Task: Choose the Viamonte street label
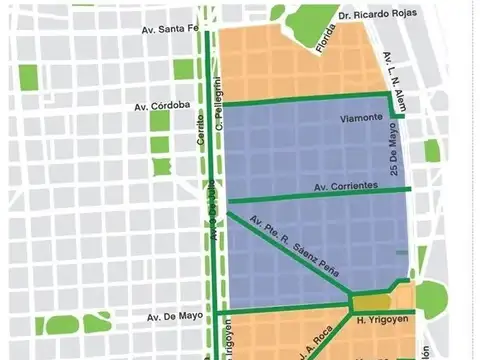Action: pyautogui.click(x=361, y=118)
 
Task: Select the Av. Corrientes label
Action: pyautogui.click(x=345, y=186)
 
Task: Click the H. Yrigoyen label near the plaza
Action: pyautogui.click(x=380, y=320)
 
